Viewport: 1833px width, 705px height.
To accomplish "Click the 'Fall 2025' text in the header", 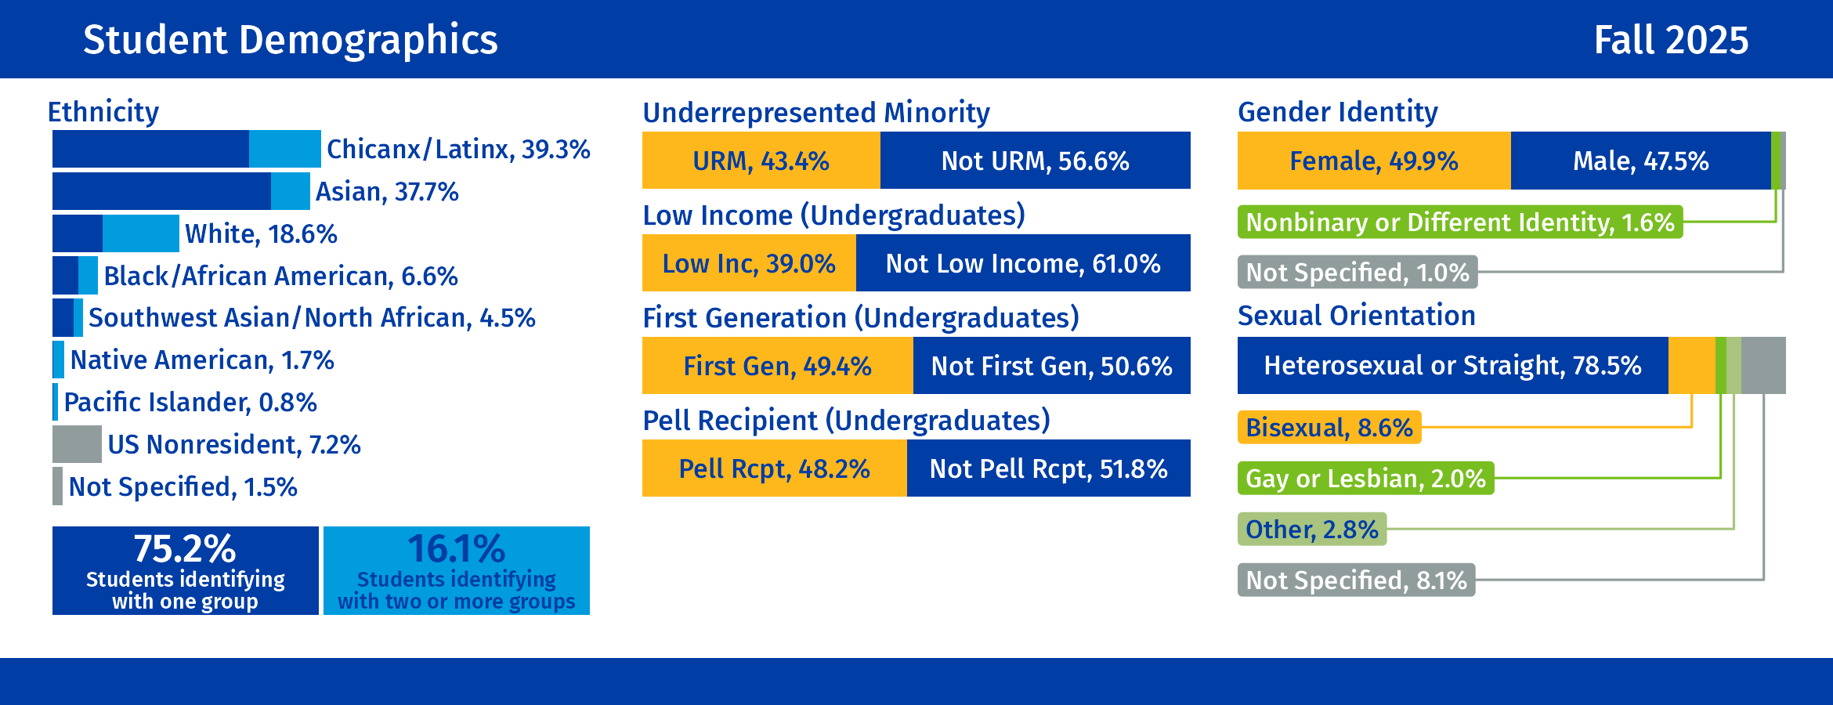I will click(x=1670, y=40).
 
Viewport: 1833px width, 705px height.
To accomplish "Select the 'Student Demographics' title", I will click(x=290, y=40).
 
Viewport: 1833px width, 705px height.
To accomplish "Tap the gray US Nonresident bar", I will click(x=77, y=444).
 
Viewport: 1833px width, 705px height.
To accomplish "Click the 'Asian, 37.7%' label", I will click(x=387, y=192).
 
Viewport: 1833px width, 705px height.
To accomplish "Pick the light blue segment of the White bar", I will click(x=141, y=233).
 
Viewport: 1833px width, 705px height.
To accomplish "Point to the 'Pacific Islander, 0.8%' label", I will click(x=190, y=403).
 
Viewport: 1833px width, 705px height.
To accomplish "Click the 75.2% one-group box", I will click(x=185, y=570).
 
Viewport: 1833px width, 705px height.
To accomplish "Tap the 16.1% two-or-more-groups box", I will click(x=457, y=570).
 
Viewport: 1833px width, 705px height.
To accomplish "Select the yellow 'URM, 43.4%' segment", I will click(x=761, y=161).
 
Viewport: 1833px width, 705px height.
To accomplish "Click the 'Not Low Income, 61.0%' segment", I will click(x=1023, y=263).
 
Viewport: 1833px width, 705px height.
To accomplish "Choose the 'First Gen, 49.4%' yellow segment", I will click(x=777, y=366).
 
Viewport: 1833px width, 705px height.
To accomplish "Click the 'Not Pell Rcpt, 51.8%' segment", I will click(x=1048, y=468).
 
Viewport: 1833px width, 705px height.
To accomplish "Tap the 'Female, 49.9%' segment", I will click(x=1373, y=161).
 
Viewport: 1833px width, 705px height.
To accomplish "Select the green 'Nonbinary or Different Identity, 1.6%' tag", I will click(x=1459, y=222).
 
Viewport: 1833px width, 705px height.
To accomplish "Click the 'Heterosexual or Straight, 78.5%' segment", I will click(x=1452, y=366).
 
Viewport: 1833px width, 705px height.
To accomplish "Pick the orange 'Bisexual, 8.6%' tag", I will click(x=1329, y=428).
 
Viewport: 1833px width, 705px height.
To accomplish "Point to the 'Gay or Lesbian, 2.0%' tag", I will click(x=1365, y=479).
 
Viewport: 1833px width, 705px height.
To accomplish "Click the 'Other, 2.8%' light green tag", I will click(x=1311, y=530).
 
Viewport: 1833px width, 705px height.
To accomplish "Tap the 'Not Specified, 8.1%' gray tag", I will click(x=1356, y=580).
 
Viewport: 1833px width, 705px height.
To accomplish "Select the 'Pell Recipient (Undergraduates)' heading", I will click(x=846, y=421).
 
